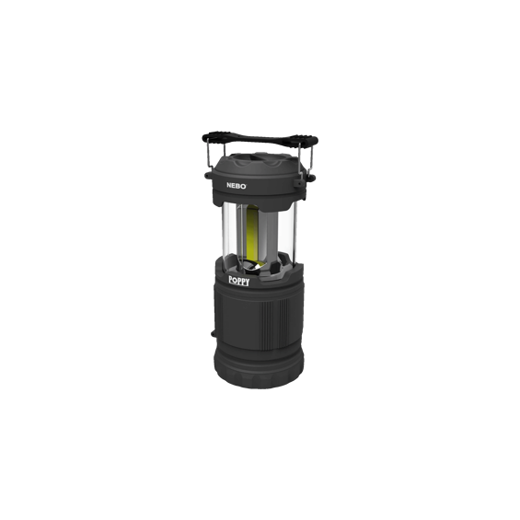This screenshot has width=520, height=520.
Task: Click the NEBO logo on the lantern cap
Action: (x=237, y=185)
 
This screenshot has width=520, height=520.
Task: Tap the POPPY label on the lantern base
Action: (x=238, y=281)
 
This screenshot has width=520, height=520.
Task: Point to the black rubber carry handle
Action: (x=260, y=139)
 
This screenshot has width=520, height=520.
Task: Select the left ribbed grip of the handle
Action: (x=215, y=137)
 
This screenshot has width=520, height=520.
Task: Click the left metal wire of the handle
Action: (x=208, y=158)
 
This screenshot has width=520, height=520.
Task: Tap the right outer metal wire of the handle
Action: (x=311, y=160)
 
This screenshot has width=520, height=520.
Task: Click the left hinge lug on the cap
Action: (x=208, y=175)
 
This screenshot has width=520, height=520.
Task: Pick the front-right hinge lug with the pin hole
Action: (x=299, y=183)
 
